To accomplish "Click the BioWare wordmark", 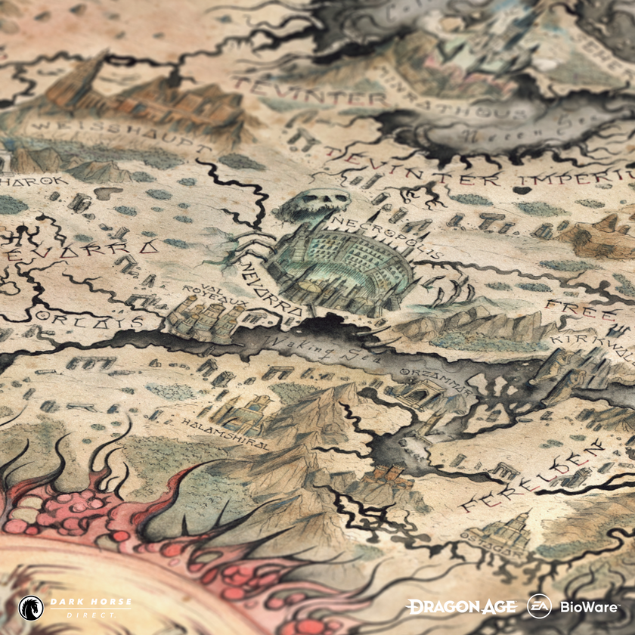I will (x=589, y=606).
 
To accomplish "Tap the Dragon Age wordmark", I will (x=462, y=606).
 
